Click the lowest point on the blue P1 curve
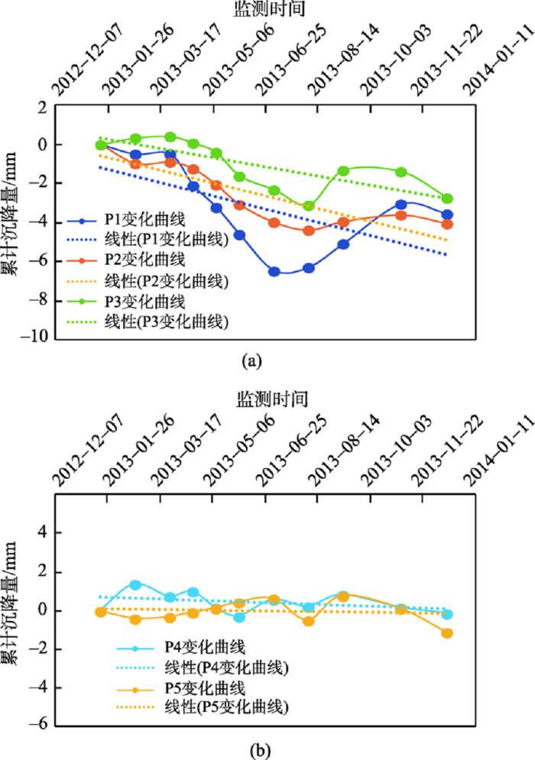pos(274,271)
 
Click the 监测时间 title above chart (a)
pos(261,8)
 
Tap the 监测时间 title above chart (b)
pos(261,399)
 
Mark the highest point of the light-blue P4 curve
pos(135,585)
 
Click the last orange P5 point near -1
pos(447,632)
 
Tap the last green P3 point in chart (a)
pos(447,199)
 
